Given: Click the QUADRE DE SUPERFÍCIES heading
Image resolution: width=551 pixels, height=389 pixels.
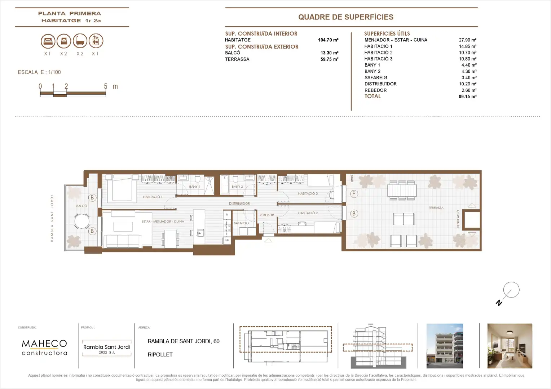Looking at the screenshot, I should point(345,17).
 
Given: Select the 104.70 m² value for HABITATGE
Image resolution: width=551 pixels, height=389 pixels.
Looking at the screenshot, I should point(328,40).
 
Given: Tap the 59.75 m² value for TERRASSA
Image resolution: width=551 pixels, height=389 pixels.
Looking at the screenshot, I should point(329,59).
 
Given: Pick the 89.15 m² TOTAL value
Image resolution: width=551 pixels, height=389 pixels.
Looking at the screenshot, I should point(467,97).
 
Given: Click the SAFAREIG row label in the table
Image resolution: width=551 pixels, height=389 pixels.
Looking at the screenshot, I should point(376,77).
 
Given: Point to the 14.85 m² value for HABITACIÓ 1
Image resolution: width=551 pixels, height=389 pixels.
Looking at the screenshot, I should point(467,46).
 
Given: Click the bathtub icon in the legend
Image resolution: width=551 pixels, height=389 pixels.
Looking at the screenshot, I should point(80,41).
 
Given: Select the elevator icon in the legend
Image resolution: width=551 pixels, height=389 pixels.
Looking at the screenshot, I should point(96,41).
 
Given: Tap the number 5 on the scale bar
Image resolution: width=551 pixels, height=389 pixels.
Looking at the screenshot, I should point(106,86).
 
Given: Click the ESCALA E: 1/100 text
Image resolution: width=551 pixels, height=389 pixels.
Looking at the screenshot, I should point(39,72).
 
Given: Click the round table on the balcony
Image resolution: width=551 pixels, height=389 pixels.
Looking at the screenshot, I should point(82,221).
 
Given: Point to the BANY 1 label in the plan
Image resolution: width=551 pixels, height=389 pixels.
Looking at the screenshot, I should point(194,187).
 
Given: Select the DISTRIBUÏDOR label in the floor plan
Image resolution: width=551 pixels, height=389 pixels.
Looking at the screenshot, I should point(239,204).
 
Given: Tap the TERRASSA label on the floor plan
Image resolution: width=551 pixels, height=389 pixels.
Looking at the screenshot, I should point(436,208).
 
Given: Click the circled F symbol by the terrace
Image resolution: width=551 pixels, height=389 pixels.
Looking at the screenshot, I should point(354,194).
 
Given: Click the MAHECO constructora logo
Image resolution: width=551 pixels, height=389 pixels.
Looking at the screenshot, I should point(44,348).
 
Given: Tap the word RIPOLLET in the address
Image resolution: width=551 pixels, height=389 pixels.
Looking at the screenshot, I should point(160,354).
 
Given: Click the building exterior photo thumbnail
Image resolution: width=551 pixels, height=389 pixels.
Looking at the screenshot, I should point(444,346).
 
